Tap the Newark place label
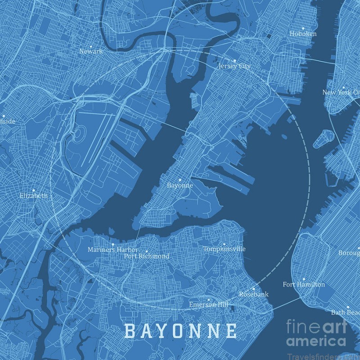(91, 51)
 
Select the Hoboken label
(303, 34)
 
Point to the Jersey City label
(234, 66)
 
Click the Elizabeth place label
(34, 196)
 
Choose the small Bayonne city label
(180, 185)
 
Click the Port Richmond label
(147, 256)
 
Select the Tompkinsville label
(224, 249)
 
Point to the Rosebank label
(254, 294)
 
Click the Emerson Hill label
(208, 305)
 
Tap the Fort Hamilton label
(304, 284)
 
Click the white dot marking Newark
(90, 46)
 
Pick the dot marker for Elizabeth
(33, 190)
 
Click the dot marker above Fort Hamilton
(303, 279)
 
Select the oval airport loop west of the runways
(80, 134)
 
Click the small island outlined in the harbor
(323, 139)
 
